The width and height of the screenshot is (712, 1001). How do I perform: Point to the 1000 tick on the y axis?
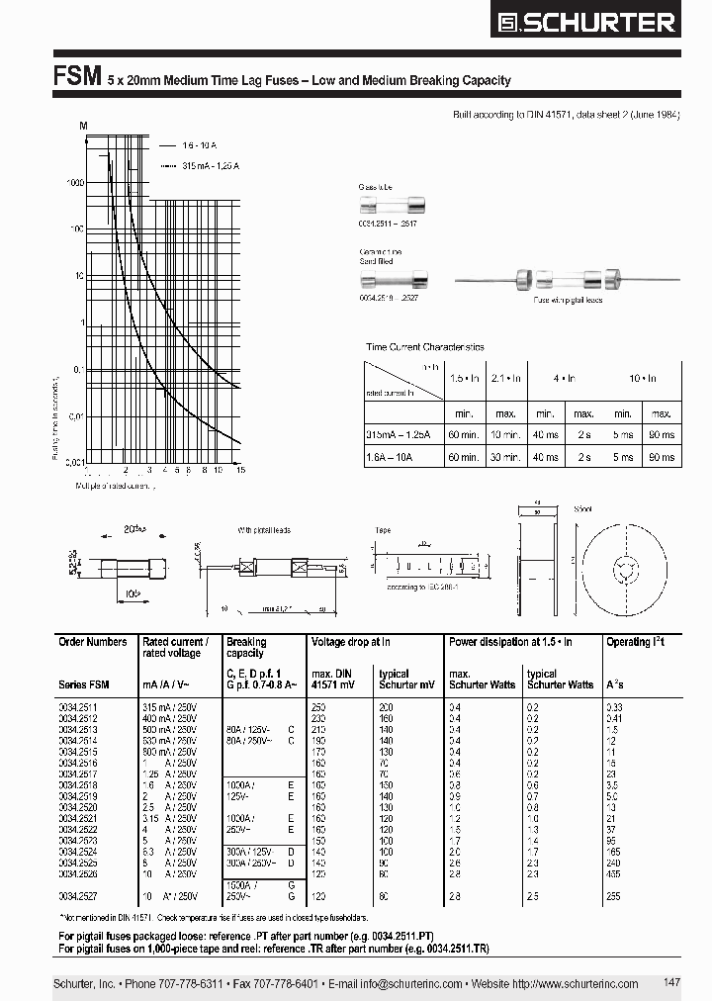pos(75,182)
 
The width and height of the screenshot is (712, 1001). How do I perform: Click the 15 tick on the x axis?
pos(240,469)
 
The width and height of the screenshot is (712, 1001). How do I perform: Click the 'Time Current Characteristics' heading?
pos(425,347)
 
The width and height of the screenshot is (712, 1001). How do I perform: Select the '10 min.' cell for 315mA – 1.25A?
pos(504,434)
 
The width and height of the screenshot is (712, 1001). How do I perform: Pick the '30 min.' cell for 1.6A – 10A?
pos(504,456)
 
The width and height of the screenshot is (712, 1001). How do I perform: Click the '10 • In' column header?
pos(643,379)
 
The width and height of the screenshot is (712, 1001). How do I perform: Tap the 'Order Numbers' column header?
pos(93,642)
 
